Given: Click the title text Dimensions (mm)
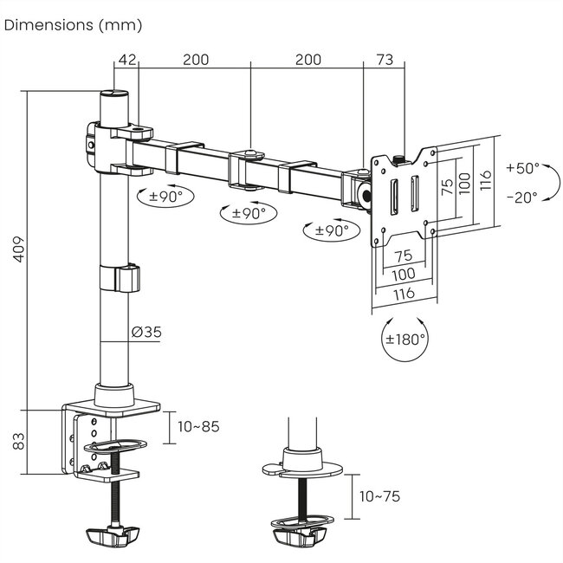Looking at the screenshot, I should click(74, 25).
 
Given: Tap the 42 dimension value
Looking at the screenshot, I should click(127, 60).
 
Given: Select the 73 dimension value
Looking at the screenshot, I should click(385, 60).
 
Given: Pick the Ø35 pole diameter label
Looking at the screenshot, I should click(146, 332).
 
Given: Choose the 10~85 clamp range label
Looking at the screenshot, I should click(198, 426).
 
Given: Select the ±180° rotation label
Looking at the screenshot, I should click(404, 339).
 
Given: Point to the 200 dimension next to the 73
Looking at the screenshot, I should click(307, 60).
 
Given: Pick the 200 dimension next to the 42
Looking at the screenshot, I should click(195, 60).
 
